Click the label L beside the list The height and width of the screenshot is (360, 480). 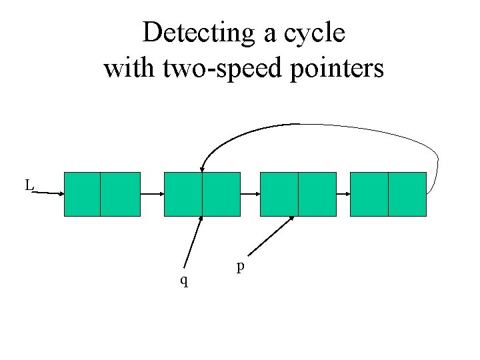point(29,185)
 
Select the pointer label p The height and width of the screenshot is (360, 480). point(241,266)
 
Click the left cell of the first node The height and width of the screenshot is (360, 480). point(82,194)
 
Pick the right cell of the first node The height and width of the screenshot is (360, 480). point(120,194)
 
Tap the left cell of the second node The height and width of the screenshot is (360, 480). point(183,194)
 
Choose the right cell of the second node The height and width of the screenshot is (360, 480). point(221,194)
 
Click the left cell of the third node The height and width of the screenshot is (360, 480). point(279,194)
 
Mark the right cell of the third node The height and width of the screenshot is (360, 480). point(317,194)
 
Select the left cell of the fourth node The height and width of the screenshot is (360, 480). point(369,194)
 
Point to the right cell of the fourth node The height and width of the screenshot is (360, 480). point(407,194)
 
